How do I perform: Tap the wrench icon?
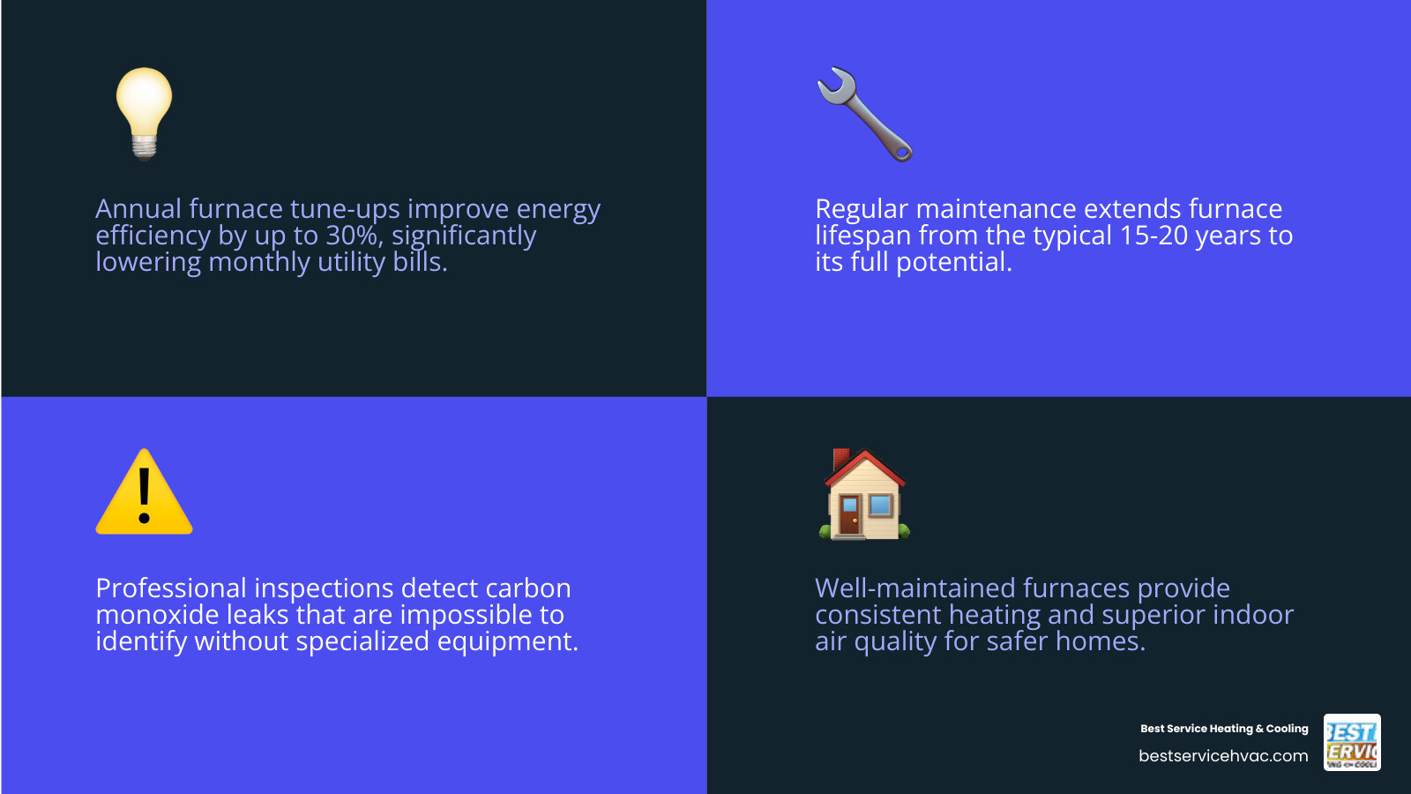pos(864,114)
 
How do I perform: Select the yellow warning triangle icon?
pos(144,494)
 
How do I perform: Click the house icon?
pos(864,494)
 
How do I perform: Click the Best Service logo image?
pos(1352,742)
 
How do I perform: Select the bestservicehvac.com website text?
pos(1223,756)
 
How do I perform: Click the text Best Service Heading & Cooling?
pos(1224,729)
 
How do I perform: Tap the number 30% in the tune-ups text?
pos(354,236)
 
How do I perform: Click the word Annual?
pos(138,209)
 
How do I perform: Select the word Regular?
pos(862,209)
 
